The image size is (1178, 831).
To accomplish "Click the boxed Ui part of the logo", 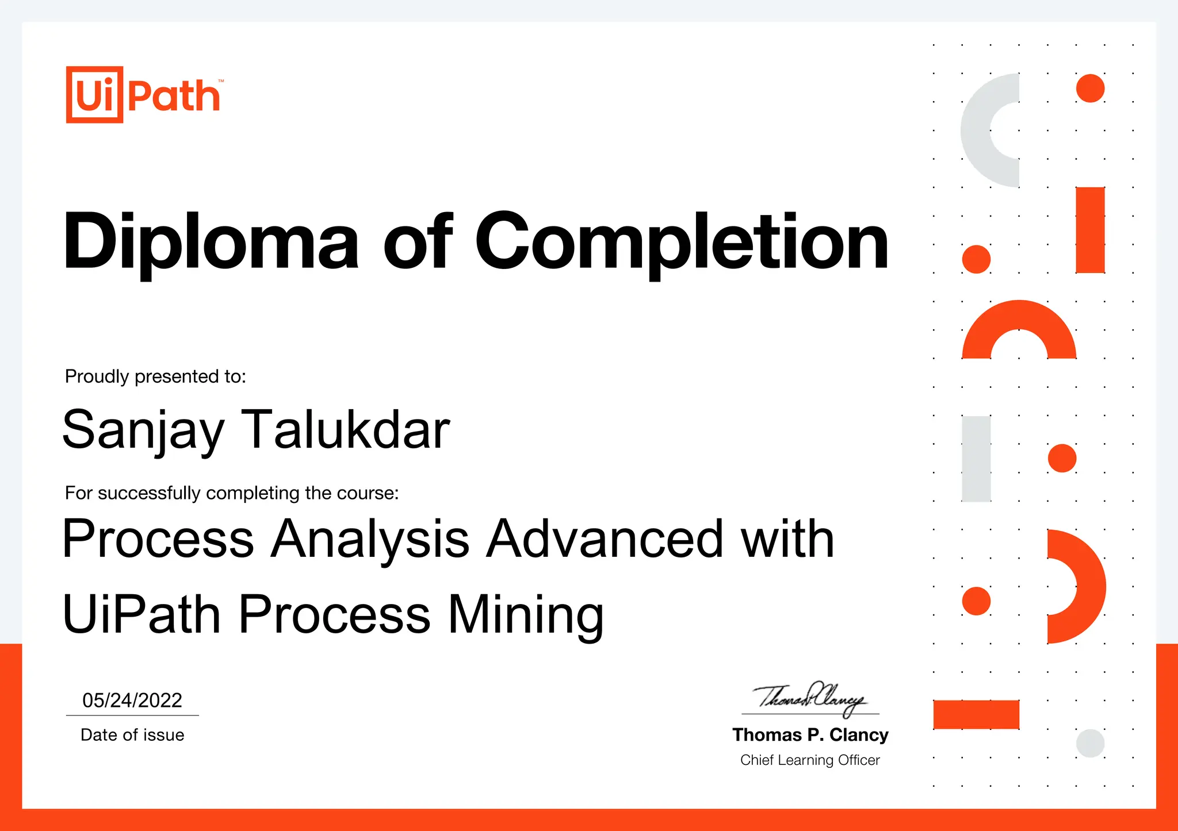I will [94, 95].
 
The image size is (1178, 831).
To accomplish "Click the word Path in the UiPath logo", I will [174, 96].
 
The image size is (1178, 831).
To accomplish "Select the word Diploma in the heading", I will [211, 241].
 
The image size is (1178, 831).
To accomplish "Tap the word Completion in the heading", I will [682, 241].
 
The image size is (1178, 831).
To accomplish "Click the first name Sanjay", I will [143, 430].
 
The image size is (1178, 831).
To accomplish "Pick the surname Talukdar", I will [345, 429].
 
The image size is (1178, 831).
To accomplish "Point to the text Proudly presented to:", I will [155, 376].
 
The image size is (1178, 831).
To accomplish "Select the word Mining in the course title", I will [526, 614].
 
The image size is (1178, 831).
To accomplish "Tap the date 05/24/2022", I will [132, 700].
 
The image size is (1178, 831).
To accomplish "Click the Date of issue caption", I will [132, 735].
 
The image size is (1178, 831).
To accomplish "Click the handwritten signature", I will [810, 698].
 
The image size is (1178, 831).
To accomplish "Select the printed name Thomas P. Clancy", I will [810, 735].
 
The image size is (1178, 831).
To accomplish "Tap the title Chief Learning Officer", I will [810, 760].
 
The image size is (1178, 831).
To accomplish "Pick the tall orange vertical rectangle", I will [1090, 230].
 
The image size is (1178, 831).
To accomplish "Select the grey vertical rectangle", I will [976, 459].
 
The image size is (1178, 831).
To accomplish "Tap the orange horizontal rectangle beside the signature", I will [976, 714].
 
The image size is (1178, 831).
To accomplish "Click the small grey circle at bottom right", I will [1090, 743].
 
